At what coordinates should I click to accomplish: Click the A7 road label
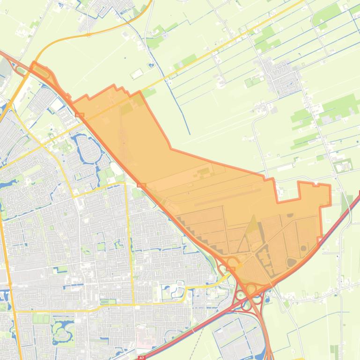(142, 358)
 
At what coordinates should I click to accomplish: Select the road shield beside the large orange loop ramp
(231, 269)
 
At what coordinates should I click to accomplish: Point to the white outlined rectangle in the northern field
(137, 74)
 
